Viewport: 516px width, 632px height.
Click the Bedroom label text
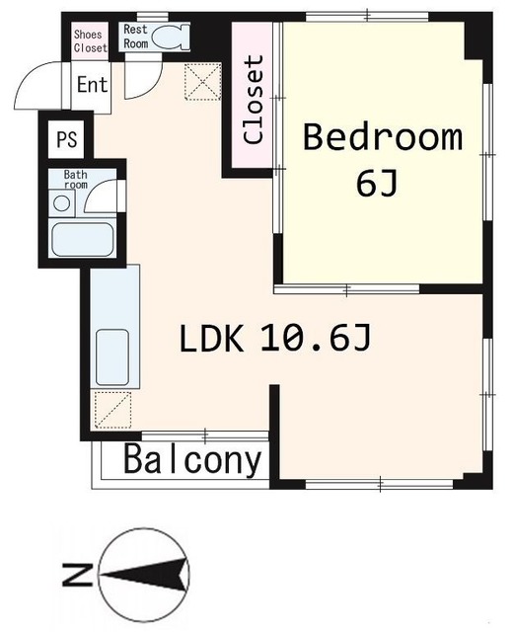(x=382, y=137)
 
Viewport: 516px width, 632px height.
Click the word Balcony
(x=193, y=460)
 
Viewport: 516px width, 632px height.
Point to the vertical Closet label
(x=255, y=101)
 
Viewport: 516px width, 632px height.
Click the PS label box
(x=66, y=137)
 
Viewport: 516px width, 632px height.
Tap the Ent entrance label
(x=92, y=84)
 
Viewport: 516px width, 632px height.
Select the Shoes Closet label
(x=89, y=40)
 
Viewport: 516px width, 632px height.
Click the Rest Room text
(x=135, y=37)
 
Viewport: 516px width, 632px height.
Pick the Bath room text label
(x=75, y=180)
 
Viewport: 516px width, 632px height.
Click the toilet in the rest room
(x=174, y=38)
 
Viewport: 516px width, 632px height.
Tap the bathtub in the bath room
(x=83, y=239)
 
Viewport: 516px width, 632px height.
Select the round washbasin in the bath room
(x=62, y=203)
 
